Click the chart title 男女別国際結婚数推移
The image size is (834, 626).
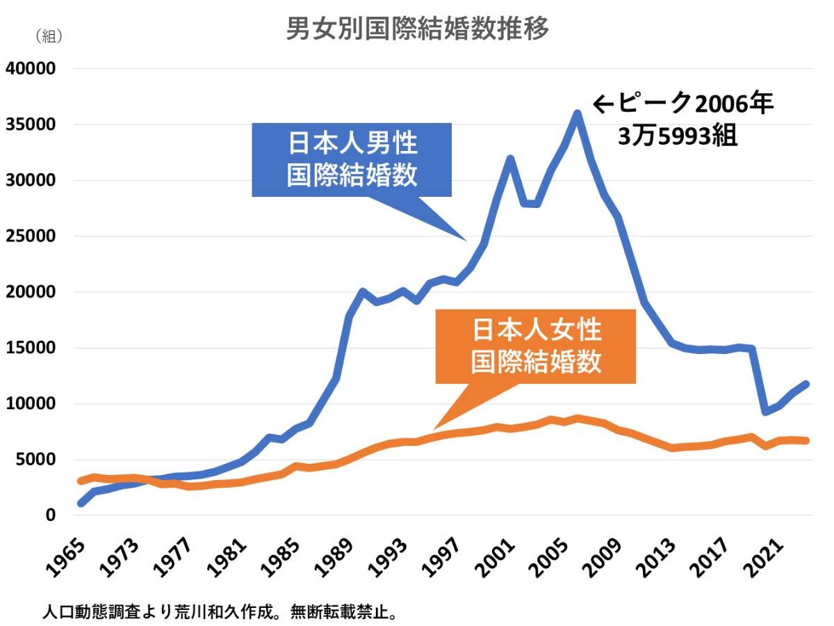[418, 29]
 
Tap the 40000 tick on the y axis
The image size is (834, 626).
[30, 69]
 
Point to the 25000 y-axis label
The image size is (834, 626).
[30, 236]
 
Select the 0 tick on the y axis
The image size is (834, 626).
[50, 515]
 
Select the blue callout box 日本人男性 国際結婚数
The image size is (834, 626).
[352, 159]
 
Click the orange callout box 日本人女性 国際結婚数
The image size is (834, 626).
[536, 346]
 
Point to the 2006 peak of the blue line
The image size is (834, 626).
[577, 113]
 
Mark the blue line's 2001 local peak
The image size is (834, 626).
[509, 159]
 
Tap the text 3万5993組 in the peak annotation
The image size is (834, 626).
[678, 136]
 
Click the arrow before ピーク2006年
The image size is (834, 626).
[602, 105]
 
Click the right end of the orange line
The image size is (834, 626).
[806, 440]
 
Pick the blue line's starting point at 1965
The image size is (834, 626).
[81, 503]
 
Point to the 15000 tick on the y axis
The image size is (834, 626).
[30, 348]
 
